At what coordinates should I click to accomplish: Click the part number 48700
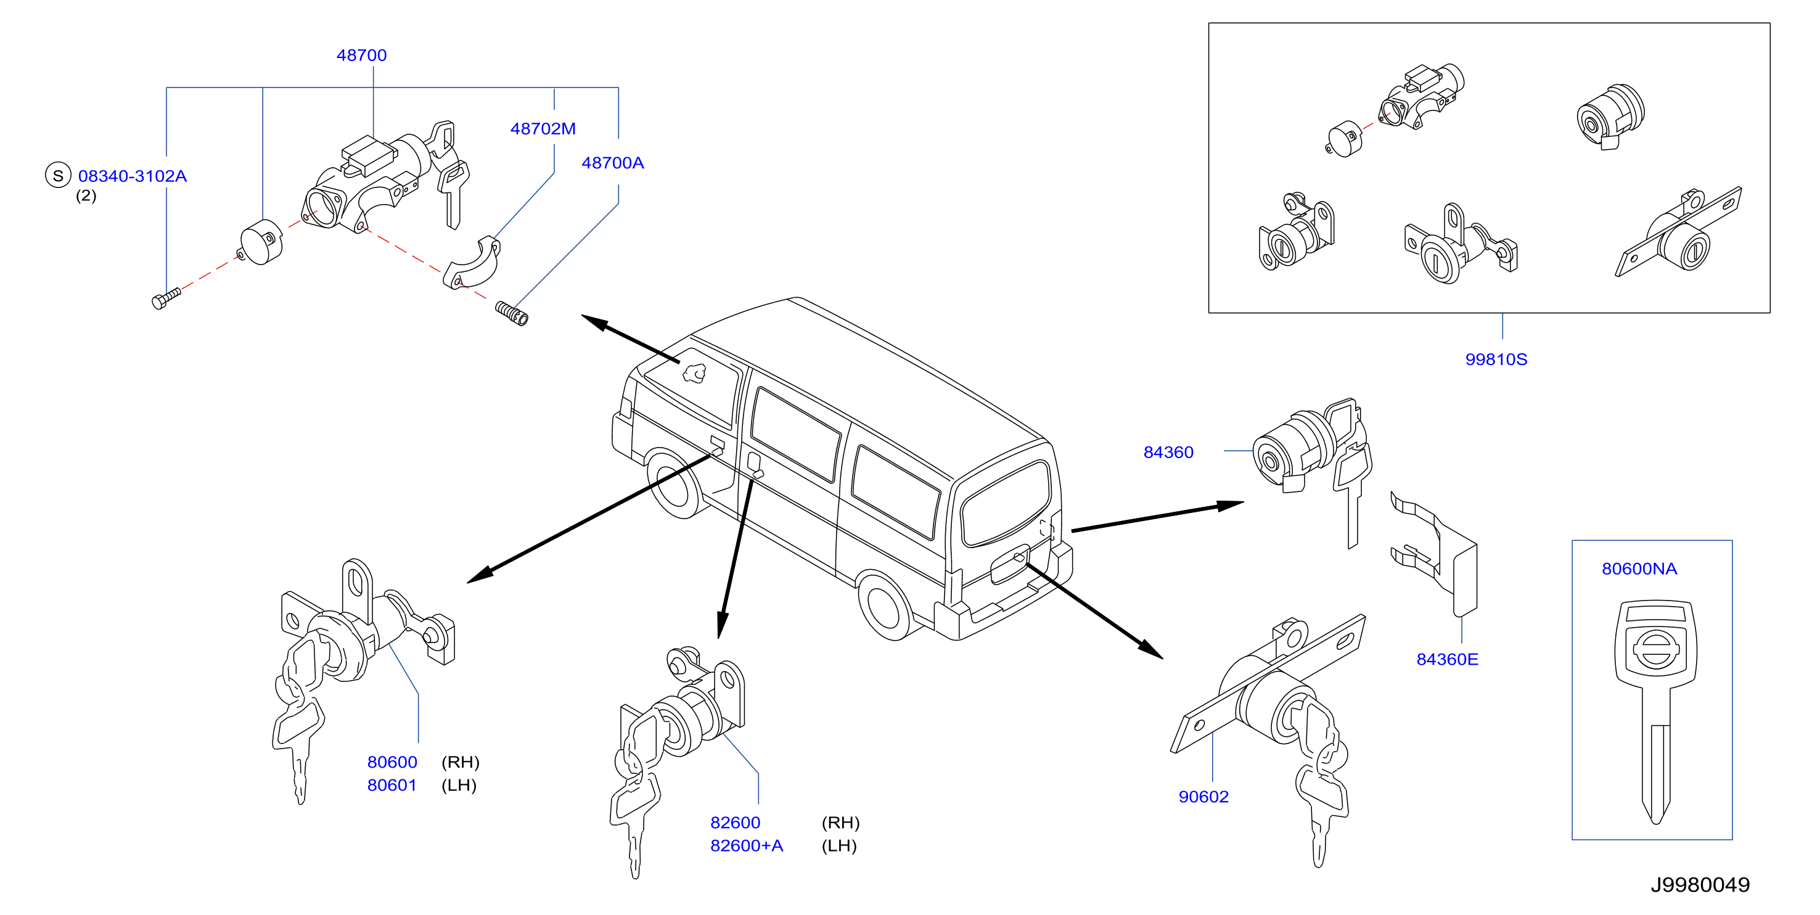(x=361, y=55)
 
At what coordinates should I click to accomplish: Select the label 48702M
(x=543, y=129)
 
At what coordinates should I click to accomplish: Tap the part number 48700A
(x=613, y=163)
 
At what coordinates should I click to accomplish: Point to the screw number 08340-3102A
(x=132, y=176)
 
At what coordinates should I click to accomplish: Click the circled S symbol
(x=58, y=175)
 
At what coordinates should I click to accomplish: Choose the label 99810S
(x=1496, y=359)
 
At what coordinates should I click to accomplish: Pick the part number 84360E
(x=1447, y=659)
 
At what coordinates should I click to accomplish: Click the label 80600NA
(x=1639, y=568)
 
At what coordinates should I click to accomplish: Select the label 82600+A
(x=746, y=845)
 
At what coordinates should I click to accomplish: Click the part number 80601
(x=392, y=785)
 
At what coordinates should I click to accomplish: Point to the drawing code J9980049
(x=1700, y=885)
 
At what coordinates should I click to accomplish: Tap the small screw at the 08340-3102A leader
(x=166, y=298)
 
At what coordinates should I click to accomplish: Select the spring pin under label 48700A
(x=512, y=313)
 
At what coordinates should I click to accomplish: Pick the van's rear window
(x=1005, y=504)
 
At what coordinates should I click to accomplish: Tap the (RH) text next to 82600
(x=840, y=823)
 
